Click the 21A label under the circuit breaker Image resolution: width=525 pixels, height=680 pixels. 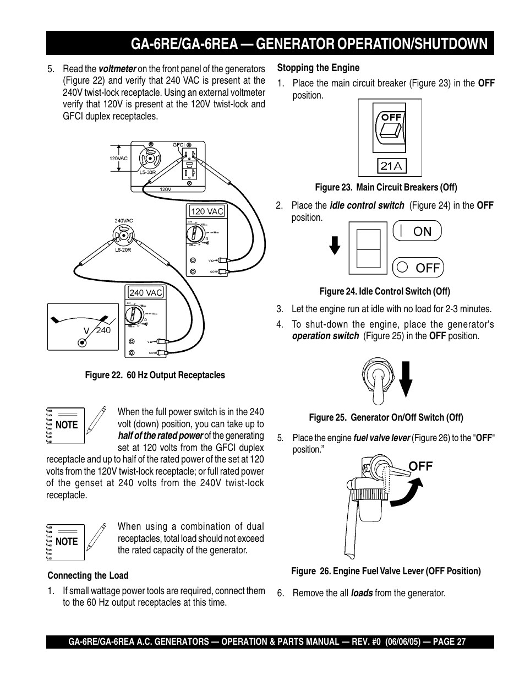[391, 165]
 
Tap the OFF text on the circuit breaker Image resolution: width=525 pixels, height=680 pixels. [391, 117]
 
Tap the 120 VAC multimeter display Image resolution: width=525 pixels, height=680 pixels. [207, 211]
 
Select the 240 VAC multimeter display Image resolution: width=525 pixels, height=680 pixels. [146, 293]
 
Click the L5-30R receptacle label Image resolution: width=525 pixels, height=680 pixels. [147, 172]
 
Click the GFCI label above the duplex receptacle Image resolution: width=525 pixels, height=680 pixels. [178, 145]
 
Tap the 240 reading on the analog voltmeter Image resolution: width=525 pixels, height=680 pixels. [103, 330]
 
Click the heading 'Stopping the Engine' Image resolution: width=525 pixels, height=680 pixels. [318, 68]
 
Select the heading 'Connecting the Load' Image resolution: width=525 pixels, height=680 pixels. [87, 575]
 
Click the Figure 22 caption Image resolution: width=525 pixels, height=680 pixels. [155, 375]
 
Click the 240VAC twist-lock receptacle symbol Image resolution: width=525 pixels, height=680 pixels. [123, 235]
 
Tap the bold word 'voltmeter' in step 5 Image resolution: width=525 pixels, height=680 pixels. [117, 69]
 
